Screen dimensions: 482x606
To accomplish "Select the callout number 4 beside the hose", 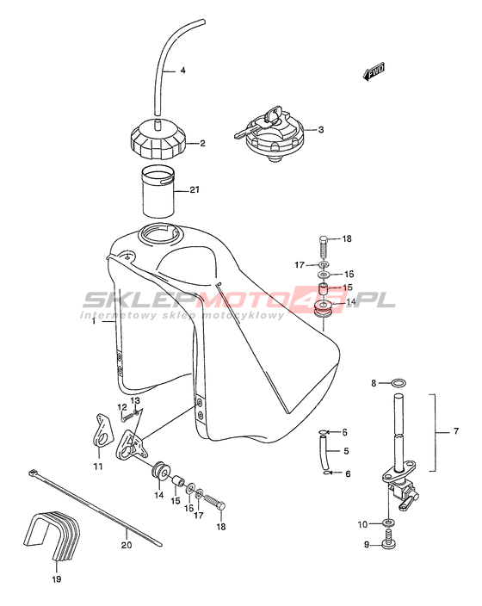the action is tap(182, 71).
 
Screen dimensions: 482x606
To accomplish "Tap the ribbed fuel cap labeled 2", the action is tap(158, 140).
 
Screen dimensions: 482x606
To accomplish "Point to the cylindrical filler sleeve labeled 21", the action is tap(158, 191).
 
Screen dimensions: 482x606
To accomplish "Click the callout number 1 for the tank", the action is tap(94, 321).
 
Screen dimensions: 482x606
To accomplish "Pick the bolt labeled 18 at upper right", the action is tap(324, 249).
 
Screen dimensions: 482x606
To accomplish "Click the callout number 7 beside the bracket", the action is tap(456, 430).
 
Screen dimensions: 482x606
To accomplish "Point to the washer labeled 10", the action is tap(388, 523).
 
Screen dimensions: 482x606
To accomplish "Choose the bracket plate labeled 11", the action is tap(102, 431).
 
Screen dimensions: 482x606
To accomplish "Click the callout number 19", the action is tap(57, 578).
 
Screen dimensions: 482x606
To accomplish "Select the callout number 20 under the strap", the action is tap(127, 545).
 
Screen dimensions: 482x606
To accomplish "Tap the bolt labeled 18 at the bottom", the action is tap(213, 503).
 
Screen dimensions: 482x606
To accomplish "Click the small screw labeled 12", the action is tap(126, 417).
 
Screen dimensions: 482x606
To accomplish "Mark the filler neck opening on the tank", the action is tap(159, 234).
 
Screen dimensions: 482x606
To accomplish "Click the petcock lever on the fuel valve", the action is tap(406, 504).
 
